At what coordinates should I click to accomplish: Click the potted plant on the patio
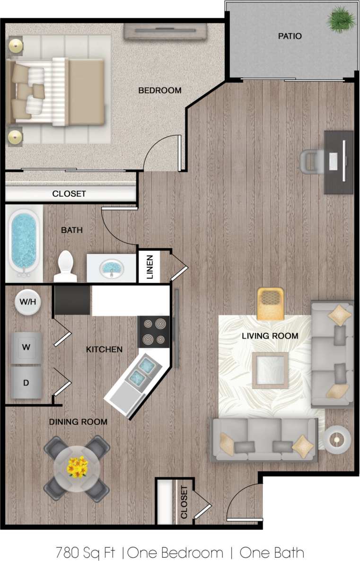[341, 19]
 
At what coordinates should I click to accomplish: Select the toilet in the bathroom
[64, 266]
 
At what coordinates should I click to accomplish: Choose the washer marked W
[26, 347]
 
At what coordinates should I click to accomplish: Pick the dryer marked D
[26, 382]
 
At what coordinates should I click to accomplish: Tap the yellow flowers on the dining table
[77, 467]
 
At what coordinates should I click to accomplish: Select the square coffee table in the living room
[270, 370]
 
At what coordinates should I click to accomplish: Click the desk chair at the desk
[312, 161]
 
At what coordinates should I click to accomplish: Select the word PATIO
[290, 36]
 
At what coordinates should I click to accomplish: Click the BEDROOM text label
[159, 90]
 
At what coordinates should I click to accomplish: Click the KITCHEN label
[104, 350]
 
